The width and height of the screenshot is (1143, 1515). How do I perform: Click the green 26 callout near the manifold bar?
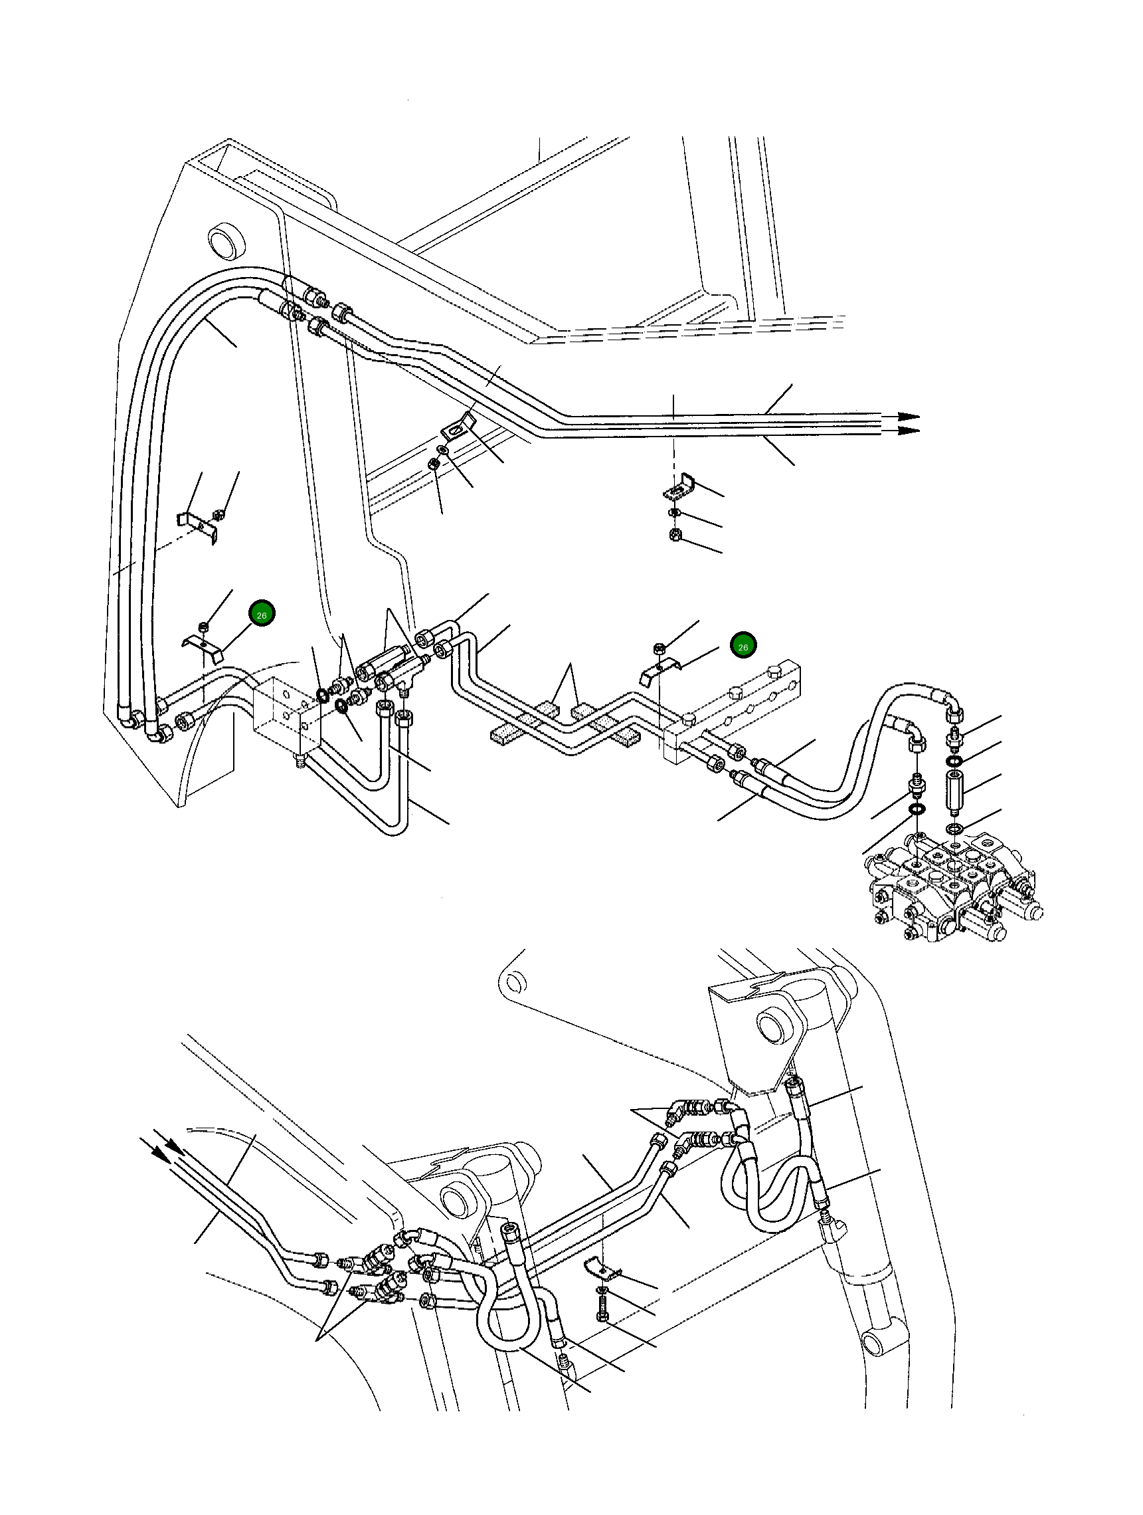743,646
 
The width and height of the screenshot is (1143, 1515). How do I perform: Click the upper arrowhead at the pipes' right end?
909,417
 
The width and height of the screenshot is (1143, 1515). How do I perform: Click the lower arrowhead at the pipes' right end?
909,430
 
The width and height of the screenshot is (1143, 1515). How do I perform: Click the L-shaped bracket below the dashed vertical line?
679,487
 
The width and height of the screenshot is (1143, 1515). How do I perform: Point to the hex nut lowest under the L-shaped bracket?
675,534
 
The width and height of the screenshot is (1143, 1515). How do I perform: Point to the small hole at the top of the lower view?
514,984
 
